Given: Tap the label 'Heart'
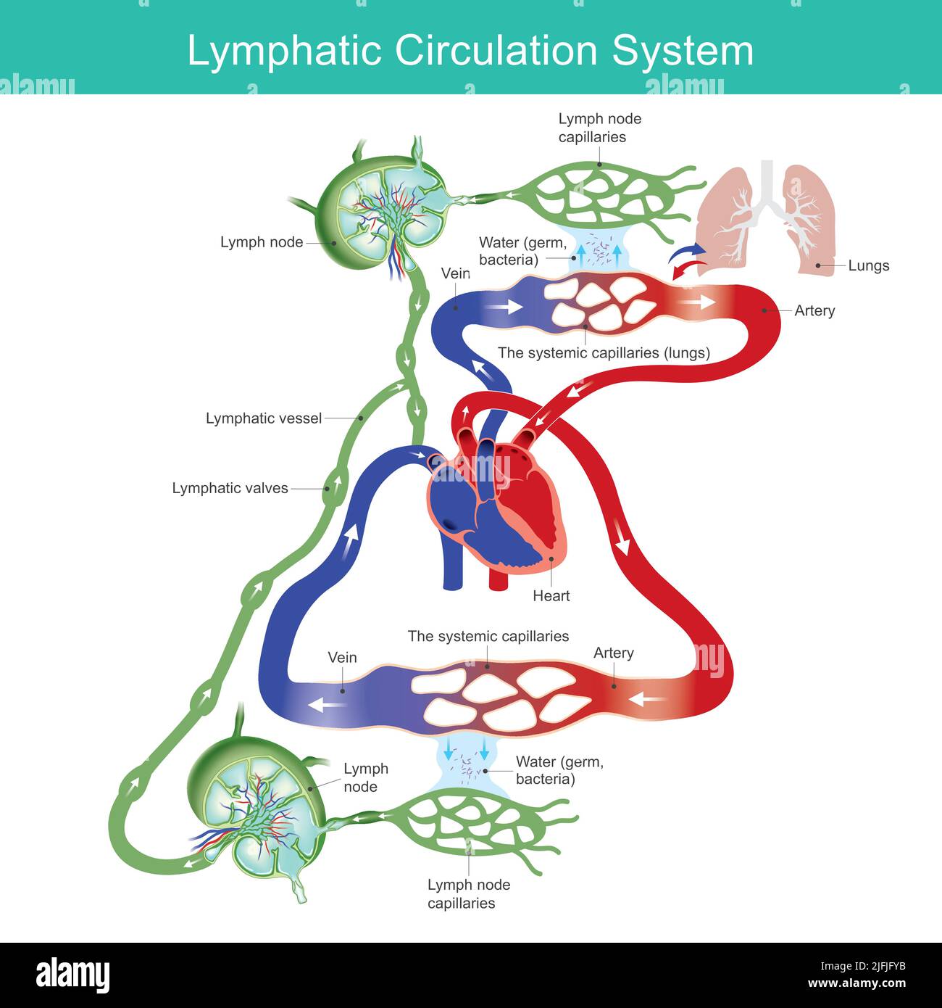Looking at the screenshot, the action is pyautogui.click(x=551, y=596).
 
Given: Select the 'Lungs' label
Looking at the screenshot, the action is pyautogui.click(x=868, y=265).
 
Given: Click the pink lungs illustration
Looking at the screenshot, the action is pyautogui.click(x=767, y=218).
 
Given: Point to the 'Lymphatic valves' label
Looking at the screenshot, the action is pyautogui.click(x=230, y=488).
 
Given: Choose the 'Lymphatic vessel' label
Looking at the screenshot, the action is pyautogui.click(x=264, y=418).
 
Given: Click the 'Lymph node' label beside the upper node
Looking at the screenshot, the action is pyautogui.click(x=262, y=242).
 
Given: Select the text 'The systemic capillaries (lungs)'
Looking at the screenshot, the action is pyautogui.click(x=604, y=352).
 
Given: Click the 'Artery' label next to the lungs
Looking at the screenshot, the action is pyautogui.click(x=814, y=310).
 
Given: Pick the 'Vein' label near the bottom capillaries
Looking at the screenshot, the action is pyautogui.click(x=342, y=657).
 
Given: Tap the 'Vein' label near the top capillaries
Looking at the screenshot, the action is pyautogui.click(x=455, y=273).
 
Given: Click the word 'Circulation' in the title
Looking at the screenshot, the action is pyautogui.click(x=496, y=50).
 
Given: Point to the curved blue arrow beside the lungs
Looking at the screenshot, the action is pyautogui.click(x=686, y=252).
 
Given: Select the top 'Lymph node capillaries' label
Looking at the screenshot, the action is pyautogui.click(x=599, y=128).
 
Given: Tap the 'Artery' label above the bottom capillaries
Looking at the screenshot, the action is pyautogui.click(x=613, y=653).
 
